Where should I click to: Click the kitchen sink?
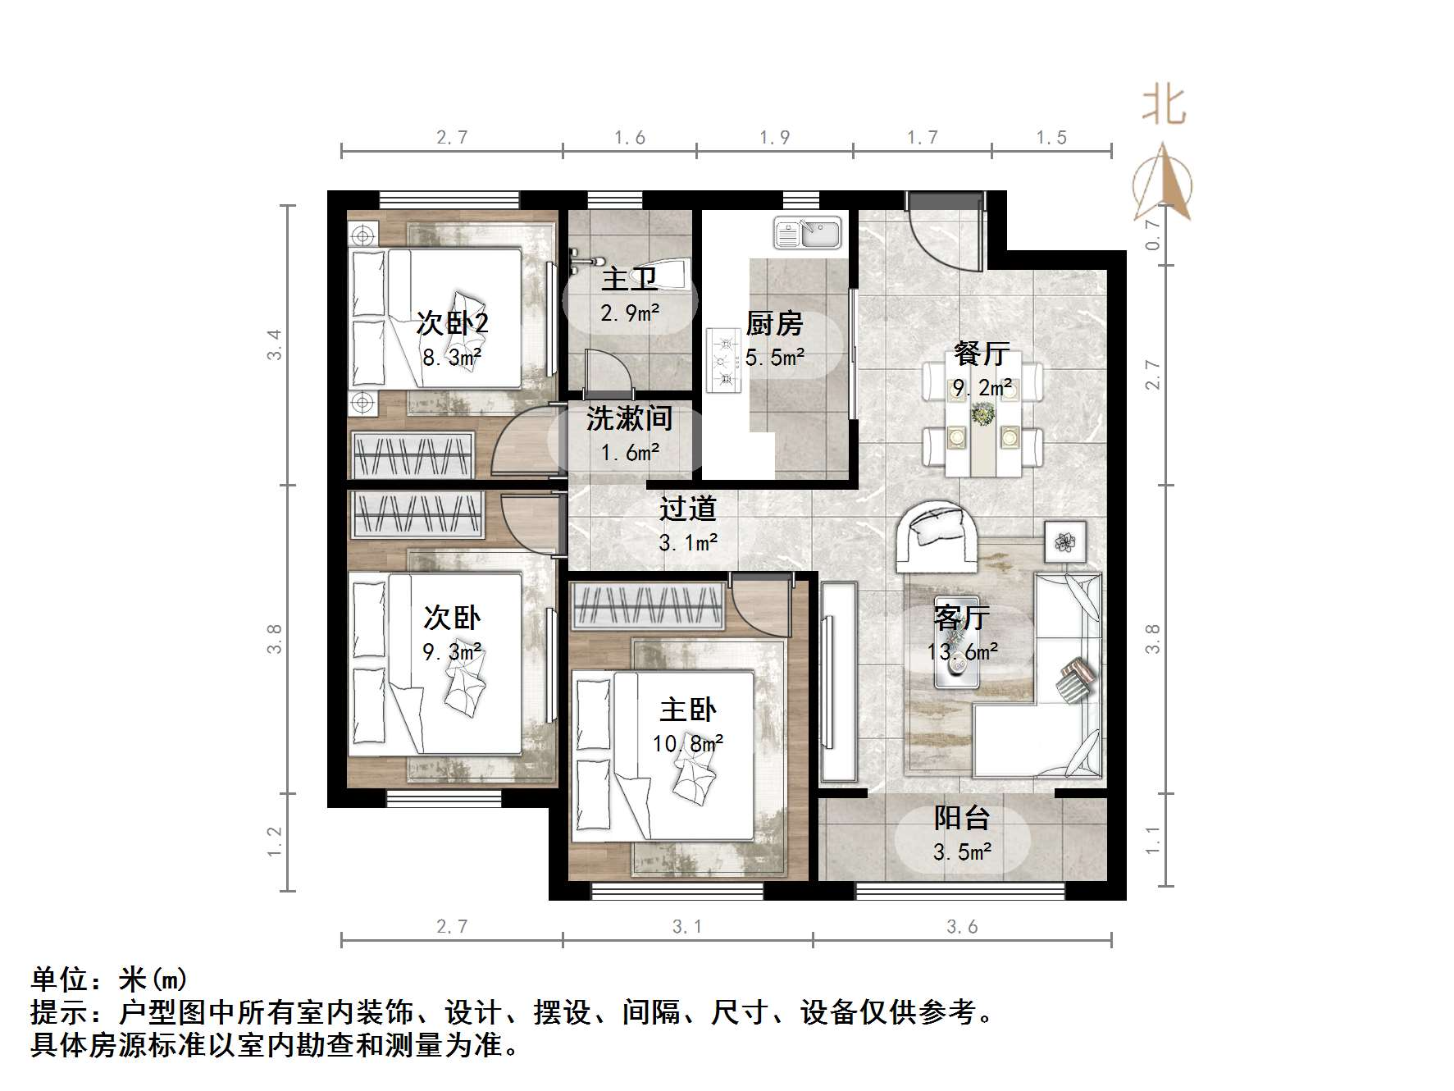pyautogui.click(x=808, y=233)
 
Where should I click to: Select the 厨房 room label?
pyautogui.click(x=774, y=324)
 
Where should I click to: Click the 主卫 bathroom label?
pyautogui.click(x=629, y=279)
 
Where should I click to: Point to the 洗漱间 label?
pyautogui.click(x=629, y=418)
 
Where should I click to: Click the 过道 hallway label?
pyautogui.click(x=688, y=509)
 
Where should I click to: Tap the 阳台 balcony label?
pyautogui.click(x=962, y=818)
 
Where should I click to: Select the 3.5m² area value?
pyautogui.click(x=962, y=852)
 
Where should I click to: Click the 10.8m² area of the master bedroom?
pyautogui.click(x=688, y=744)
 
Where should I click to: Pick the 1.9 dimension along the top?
pyautogui.click(x=774, y=138)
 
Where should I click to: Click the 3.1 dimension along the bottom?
pyautogui.click(x=687, y=927)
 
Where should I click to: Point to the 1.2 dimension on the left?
pyautogui.click(x=274, y=842)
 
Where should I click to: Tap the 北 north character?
pyautogui.click(x=1164, y=107)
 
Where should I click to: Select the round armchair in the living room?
pyautogui.click(x=937, y=536)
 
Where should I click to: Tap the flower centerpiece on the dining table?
pyautogui.click(x=982, y=414)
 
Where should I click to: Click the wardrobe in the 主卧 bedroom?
pyautogui.click(x=648, y=606)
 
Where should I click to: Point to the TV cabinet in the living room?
pyautogui.click(x=838, y=681)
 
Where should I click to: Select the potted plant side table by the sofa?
pyautogui.click(x=1065, y=541)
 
